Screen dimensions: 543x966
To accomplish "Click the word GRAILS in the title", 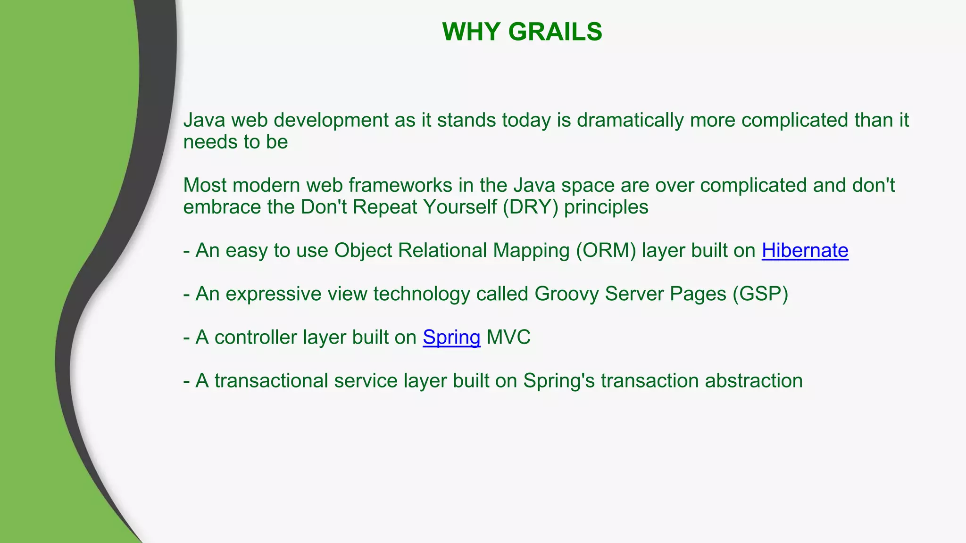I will (555, 32).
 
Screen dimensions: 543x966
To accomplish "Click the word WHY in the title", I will (471, 32).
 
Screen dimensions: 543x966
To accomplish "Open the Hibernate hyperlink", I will (805, 250).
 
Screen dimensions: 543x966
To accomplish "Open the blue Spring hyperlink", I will (451, 337).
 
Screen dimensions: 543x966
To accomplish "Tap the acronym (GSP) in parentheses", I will (760, 294).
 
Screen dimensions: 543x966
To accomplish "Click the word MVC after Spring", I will (508, 337).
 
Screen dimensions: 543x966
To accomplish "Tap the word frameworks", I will (400, 185).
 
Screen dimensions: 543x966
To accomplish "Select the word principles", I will (606, 207).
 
